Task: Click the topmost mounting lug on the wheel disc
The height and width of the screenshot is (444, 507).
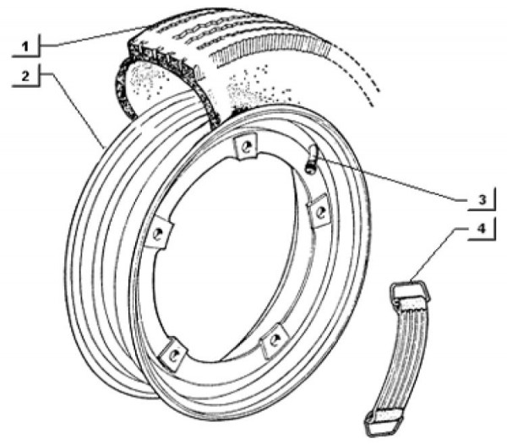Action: pyautogui.click(x=244, y=147)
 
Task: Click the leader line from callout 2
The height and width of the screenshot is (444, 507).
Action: pyautogui.click(x=76, y=110)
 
